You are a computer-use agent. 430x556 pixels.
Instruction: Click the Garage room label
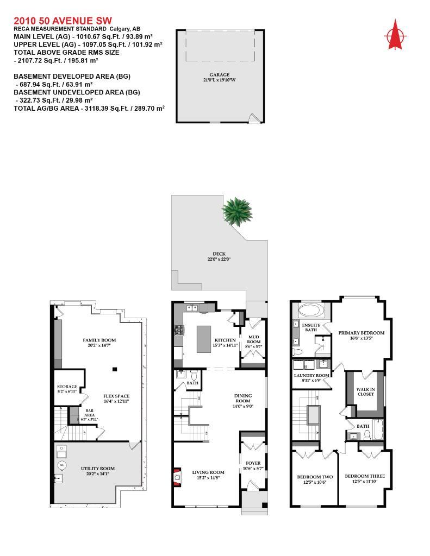(x=220, y=74)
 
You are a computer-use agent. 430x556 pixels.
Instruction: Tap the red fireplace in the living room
(x=176, y=476)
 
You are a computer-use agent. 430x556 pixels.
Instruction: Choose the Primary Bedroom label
(x=361, y=333)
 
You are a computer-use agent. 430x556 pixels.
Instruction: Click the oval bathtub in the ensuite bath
(x=310, y=311)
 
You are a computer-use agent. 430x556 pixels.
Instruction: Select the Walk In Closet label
(x=365, y=391)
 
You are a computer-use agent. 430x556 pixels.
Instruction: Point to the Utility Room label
(x=98, y=468)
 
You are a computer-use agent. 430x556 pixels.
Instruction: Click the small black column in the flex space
(x=115, y=370)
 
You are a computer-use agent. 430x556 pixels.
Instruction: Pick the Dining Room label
(x=243, y=399)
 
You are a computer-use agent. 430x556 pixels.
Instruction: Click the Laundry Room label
(x=311, y=375)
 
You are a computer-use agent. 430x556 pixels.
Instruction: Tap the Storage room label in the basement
(x=67, y=387)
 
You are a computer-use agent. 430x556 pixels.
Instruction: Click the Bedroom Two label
(x=311, y=478)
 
